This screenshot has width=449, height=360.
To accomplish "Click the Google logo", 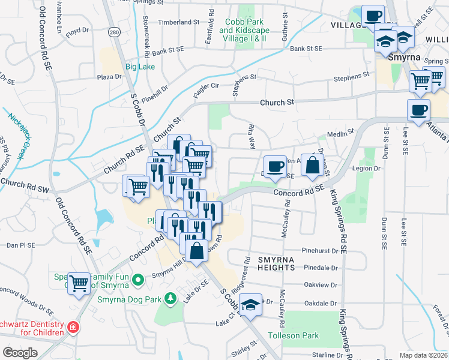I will pos(20,352).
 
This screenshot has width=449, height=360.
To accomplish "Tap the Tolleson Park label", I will pos(294,335).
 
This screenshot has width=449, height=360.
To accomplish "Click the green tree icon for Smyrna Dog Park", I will pos(170,298).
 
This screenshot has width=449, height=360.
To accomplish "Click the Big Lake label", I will pos(139,67).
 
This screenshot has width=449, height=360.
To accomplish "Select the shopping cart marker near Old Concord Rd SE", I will pos(79,283).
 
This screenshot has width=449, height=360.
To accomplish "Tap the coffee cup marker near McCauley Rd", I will pos(275,166).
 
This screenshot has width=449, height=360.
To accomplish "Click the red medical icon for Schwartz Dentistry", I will pos(73,328).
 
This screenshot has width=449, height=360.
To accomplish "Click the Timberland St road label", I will pos(178,22).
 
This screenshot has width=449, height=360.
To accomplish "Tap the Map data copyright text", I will pos(424,355).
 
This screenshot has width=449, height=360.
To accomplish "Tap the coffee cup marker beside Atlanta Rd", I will pos(418,110).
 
